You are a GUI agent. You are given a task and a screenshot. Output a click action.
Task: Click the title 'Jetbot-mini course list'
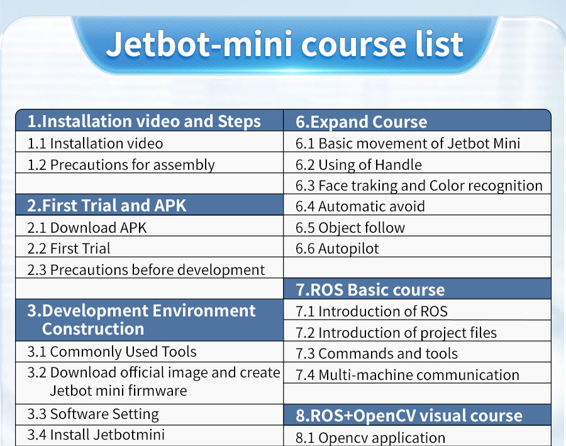[x=284, y=44]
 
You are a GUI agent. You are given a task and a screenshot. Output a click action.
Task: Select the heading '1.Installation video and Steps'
[x=144, y=121]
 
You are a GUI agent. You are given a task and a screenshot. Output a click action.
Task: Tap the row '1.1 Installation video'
[x=96, y=143]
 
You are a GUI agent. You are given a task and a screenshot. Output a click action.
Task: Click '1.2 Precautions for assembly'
[x=121, y=165]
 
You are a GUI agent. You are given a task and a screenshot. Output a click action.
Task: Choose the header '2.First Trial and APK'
[x=106, y=206]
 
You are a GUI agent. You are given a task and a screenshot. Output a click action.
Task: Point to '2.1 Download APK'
[x=87, y=228]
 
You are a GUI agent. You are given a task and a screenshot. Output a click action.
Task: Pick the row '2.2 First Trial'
[x=69, y=249]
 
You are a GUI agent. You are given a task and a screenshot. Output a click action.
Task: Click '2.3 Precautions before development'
[x=146, y=270]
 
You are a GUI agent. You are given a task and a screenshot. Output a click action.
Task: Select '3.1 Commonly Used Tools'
[x=112, y=352]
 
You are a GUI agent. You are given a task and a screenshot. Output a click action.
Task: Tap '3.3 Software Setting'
[x=93, y=414]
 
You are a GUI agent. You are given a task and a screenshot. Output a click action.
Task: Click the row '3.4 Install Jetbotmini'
[x=96, y=435]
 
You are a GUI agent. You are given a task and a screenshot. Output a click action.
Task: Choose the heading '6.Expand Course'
[x=362, y=122]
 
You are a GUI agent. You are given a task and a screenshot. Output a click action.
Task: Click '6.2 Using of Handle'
[x=358, y=165]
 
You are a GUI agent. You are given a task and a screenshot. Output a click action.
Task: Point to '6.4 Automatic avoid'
[x=360, y=206]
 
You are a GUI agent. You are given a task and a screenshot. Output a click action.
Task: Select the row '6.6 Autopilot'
[x=337, y=249]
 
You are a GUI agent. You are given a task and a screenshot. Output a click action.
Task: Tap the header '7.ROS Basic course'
[x=370, y=290]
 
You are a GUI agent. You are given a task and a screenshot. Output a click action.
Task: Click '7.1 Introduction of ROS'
[x=372, y=311]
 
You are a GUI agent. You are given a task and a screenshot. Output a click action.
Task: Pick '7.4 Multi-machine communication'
[x=408, y=375]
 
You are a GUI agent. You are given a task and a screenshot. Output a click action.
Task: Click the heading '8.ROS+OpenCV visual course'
[x=409, y=416]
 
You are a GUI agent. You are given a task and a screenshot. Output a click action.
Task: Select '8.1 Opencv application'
[x=370, y=438]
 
